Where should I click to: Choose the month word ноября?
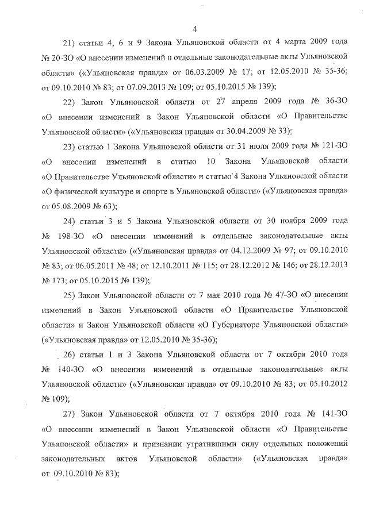point(276,221)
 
